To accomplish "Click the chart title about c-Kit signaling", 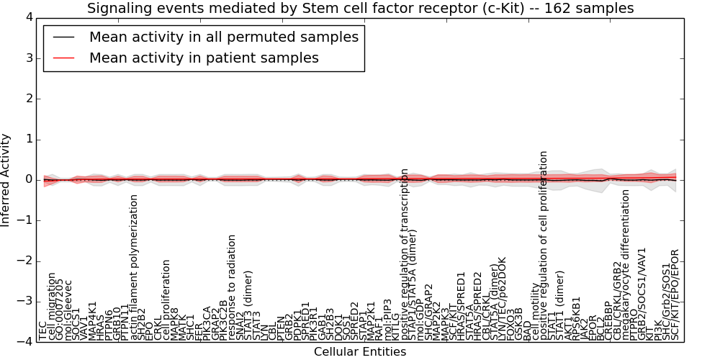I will coord(360,9).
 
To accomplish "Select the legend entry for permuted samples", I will coord(223,37).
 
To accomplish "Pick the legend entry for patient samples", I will coord(204,58).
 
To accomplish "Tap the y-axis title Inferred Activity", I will coord(6,180).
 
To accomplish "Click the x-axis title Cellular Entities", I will coord(360,351).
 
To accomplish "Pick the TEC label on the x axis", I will coord(43,330).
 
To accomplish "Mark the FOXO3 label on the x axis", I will coord(510,323).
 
